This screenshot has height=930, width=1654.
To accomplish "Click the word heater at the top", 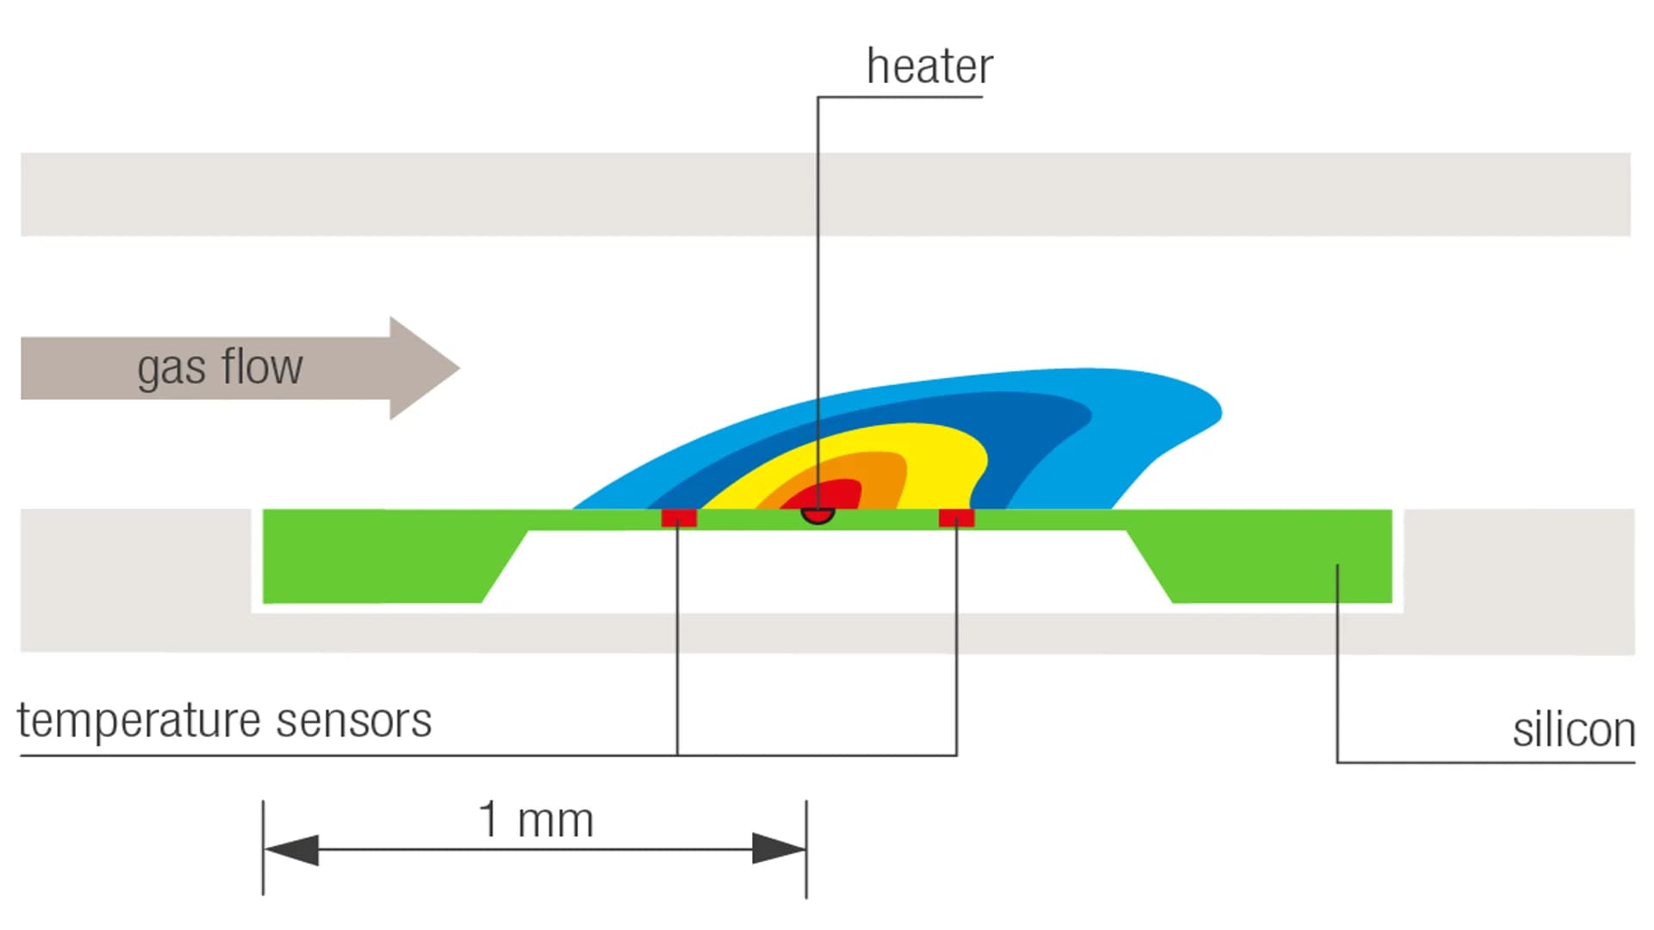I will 930,67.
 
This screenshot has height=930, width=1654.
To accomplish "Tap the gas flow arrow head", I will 422,369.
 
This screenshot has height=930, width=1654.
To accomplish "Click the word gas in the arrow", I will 171,369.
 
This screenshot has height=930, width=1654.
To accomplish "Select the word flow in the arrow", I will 262,367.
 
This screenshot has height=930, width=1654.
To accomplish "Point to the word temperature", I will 139,721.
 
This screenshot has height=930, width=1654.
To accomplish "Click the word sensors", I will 353,721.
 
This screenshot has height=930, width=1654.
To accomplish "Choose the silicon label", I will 1573,730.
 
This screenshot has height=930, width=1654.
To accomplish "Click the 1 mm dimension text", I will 536,820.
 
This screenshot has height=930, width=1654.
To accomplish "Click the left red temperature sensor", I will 679,518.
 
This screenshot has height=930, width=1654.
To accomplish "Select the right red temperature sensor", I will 956,518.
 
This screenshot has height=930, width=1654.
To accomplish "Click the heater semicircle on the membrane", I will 818,516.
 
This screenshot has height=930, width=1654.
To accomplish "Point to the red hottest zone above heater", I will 831,494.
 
